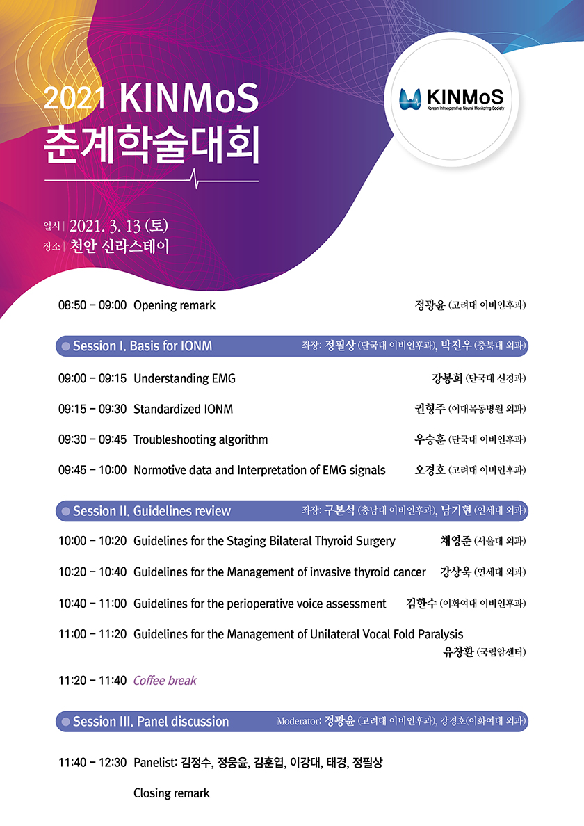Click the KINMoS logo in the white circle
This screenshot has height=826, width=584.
451,99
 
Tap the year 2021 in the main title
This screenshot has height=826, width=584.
74,98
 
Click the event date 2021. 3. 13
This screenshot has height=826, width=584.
105,226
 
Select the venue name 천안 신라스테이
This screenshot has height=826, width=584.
120,247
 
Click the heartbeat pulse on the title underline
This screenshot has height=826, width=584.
196,179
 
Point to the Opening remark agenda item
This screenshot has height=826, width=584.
175,305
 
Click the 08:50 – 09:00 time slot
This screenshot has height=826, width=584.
92,305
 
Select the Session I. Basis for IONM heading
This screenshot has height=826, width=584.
143,346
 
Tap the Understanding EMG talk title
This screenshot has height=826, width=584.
184,379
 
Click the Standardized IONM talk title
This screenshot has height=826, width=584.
184,410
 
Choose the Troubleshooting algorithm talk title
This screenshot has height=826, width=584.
201,440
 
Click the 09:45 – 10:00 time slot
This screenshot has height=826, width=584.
92,471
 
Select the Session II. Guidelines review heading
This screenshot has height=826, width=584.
152,511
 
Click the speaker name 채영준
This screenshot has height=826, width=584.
455,541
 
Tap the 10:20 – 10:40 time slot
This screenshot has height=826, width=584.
92,572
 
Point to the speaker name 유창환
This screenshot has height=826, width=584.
458,652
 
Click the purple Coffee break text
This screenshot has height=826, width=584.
165,681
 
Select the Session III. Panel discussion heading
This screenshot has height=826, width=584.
151,722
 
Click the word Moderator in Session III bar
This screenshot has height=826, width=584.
298,721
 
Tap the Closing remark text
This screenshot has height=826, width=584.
172,793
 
